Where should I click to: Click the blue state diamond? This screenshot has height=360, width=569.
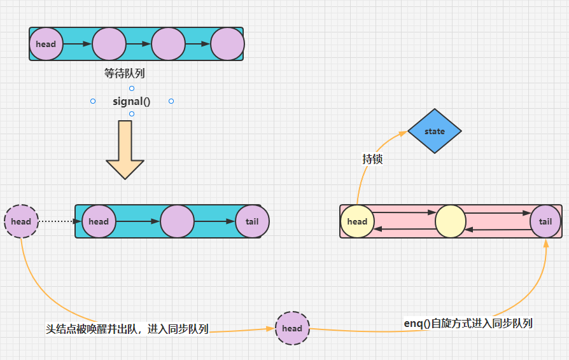tap(435, 131)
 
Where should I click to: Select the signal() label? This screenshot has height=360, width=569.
tap(132, 101)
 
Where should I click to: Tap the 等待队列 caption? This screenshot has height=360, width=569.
tap(125, 74)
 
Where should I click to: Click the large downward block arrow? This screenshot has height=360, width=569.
tap(125, 149)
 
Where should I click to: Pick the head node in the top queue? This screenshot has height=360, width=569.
tap(46, 44)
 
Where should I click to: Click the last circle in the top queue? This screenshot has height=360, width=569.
tap(227, 44)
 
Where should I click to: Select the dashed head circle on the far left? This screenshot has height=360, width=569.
tap(21, 221)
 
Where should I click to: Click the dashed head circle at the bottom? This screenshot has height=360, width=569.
tap(292, 328)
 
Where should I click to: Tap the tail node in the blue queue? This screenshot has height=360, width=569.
tap(252, 221)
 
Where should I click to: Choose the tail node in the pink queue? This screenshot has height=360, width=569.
tap(546, 221)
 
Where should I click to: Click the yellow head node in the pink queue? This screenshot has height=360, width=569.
tap(357, 221)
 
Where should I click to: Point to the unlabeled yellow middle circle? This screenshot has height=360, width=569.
tap(451, 221)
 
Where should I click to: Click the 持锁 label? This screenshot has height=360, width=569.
tap(372, 159)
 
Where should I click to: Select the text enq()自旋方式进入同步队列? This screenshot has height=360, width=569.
tap(468, 323)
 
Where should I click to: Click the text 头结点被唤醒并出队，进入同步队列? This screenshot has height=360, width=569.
tap(127, 329)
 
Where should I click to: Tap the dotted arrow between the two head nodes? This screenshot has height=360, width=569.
tap(60, 221)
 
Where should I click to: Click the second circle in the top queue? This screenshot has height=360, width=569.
tap(109, 44)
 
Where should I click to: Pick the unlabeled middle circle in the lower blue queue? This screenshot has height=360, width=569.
tap(177, 221)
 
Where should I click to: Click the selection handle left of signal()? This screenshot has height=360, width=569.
tap(93, 101)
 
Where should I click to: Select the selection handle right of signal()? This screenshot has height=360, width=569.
tap(171, 101)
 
